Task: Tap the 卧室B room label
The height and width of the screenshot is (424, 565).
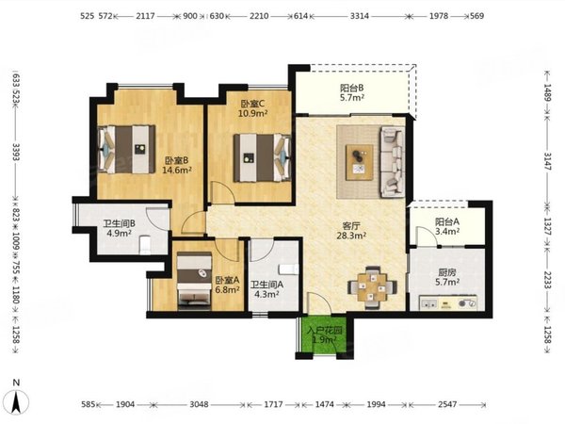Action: [177, 165]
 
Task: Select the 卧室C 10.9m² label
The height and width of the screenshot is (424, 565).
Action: [252, 108]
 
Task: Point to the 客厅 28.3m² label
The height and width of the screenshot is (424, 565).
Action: [351, 231]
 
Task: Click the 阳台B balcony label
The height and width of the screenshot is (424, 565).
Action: [351, 92]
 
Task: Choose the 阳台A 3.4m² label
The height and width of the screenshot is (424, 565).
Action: [446, 226]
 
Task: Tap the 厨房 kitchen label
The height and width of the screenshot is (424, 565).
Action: [446, 277]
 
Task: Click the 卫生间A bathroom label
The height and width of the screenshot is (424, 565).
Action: [267, 289]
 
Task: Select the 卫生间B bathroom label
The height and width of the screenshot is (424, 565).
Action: [120, 228]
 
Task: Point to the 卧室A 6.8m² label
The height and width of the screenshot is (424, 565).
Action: [227, 285]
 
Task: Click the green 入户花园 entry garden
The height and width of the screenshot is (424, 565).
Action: [324, 334]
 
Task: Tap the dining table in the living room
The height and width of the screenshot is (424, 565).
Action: [372, 287]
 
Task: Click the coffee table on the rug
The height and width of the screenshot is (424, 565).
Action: [360, 162]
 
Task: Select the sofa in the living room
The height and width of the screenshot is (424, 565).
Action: [392, 162]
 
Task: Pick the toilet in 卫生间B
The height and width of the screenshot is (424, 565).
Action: [145, 244]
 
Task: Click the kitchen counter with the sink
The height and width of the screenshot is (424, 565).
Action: [448, 303]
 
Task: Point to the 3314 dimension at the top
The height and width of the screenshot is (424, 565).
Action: [360, 16]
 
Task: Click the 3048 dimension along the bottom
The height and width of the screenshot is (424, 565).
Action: [199, 404]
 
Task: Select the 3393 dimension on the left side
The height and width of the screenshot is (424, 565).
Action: [16, 152]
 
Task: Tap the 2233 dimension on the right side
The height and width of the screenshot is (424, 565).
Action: [547, 279]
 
